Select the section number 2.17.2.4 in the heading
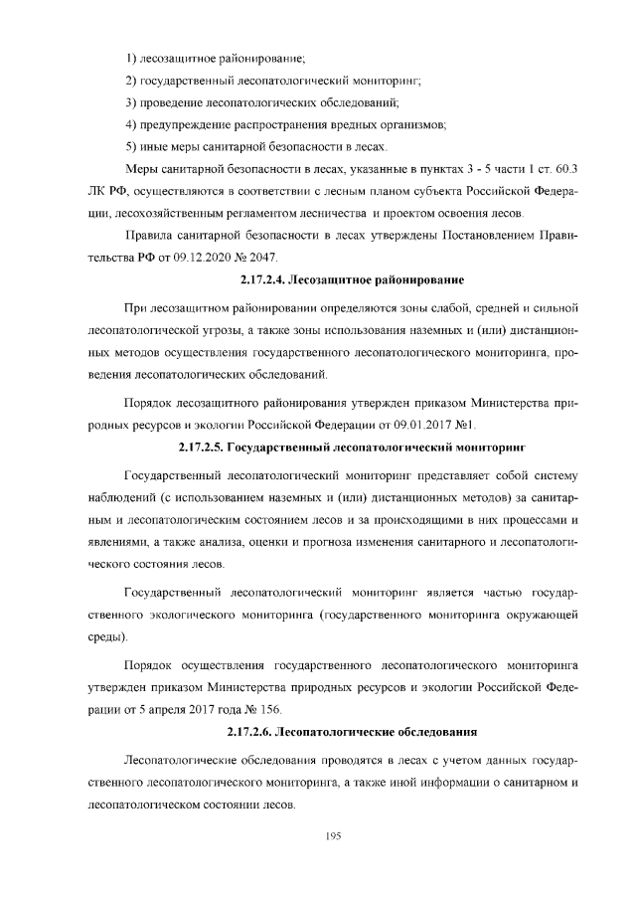(269, 279)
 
